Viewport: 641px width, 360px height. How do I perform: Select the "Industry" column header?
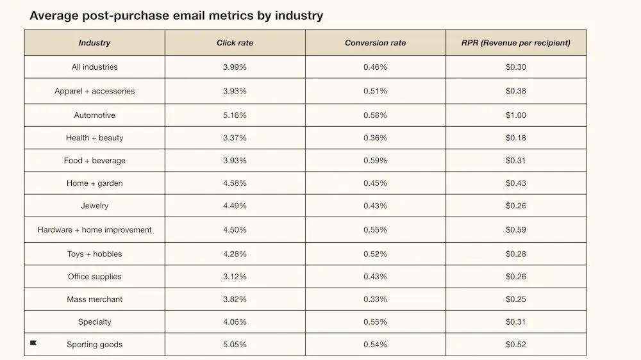(x=94, y=43)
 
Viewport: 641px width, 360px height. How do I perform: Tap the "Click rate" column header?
(x=235, y=43)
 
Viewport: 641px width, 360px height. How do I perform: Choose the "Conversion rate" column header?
(x=375, y=43)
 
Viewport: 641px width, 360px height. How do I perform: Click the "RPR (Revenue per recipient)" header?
(x=515, y=43)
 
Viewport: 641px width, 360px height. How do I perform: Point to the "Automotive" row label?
(x=94, y=115)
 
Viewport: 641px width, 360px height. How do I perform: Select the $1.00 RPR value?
(x=515, y=115)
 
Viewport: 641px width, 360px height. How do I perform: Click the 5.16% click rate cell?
(x=235, y=115)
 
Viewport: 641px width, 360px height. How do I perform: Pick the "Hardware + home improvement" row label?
(x=94, y=230)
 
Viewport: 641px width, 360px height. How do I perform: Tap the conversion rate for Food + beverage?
(x=375, y=161)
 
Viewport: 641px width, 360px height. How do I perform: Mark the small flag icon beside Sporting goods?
(x=33, y=343)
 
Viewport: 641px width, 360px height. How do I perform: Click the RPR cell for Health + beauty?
(x=515, y=138)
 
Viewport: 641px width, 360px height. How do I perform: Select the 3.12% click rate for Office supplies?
(x=235, y=277)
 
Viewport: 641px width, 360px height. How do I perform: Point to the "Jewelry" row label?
(x=94, y=206)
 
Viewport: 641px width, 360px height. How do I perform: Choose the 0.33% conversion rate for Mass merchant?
(x=375, y=299)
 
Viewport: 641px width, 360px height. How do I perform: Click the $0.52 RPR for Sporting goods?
(x=515, y=345)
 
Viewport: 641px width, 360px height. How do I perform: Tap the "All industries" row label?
(x=94, y=67)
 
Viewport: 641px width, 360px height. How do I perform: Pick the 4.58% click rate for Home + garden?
(x=235, y=183)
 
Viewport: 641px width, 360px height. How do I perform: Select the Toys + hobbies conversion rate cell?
(x=375, y=254)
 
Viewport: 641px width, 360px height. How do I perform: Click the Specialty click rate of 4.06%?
(x=235, y=322)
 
